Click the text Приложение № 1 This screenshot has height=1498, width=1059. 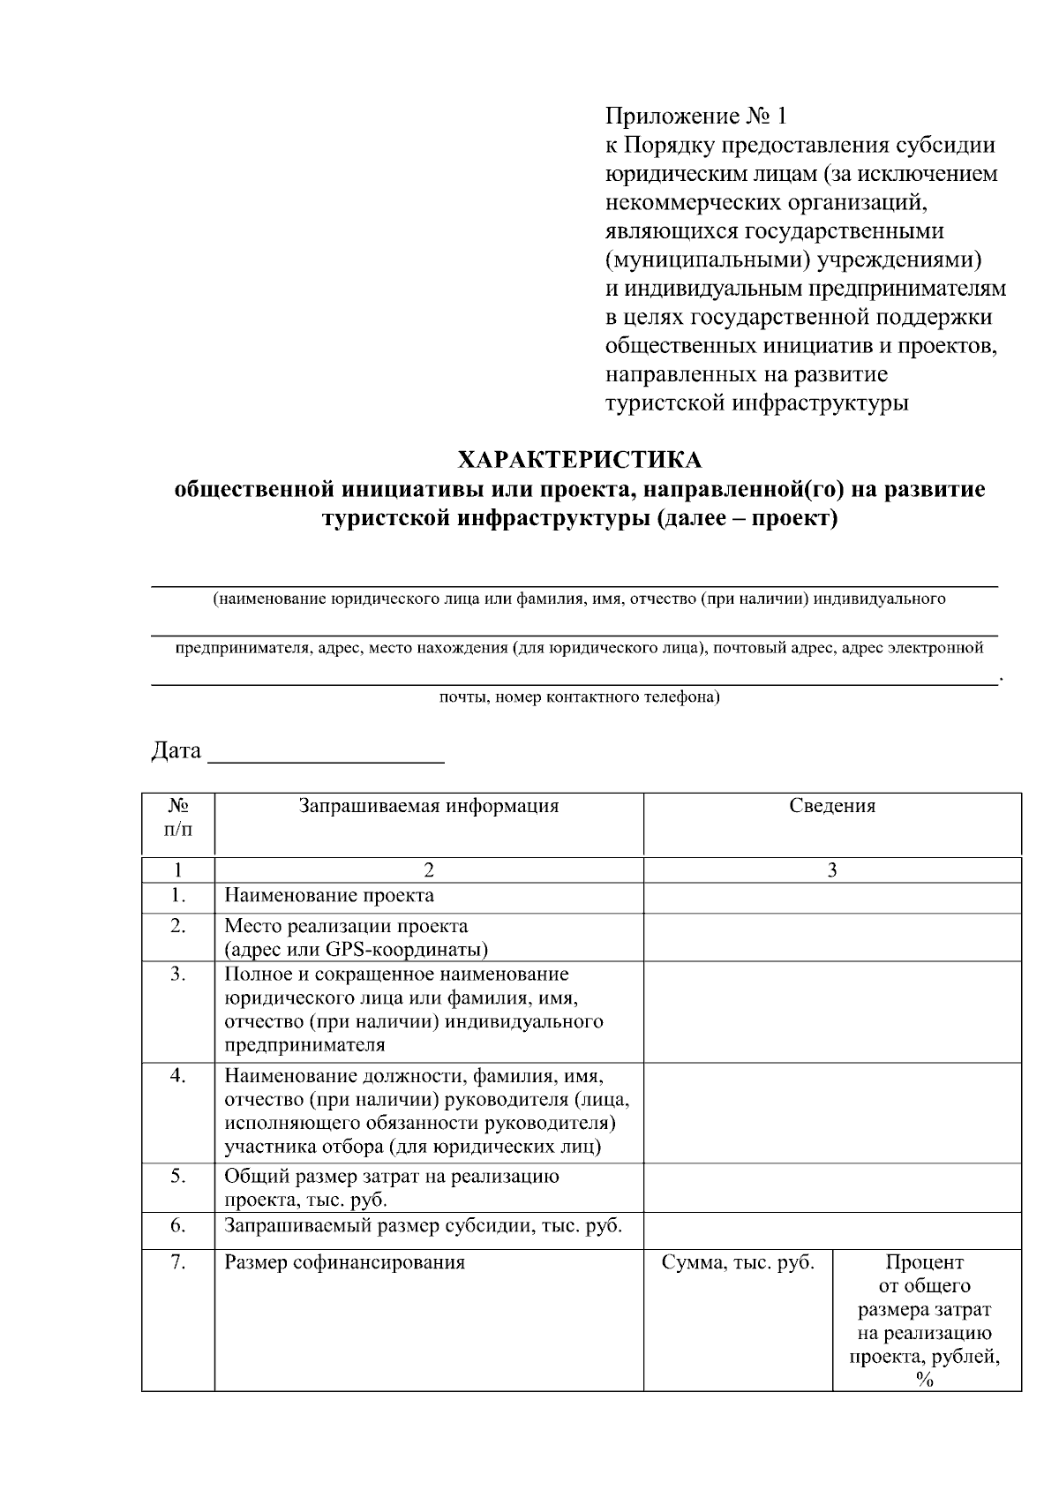pos(695,117)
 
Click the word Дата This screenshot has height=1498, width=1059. pos(176,751)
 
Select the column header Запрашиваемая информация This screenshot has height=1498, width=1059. pos(428,806)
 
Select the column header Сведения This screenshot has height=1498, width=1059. pos(831,806)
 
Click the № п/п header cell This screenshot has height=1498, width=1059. pos(178,818)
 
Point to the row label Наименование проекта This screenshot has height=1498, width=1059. pos(329,896)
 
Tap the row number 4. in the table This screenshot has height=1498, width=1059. pos(178,1076)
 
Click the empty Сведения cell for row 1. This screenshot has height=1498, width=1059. pos(831,898)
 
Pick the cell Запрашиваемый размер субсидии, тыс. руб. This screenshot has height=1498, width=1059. pos(424,1226)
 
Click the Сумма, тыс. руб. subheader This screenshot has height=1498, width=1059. pos(738,1263)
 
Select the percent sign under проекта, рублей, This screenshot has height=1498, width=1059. pos(924,1382)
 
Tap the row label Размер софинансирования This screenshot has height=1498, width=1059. pos(344,1263)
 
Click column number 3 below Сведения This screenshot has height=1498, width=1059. pos(831,870)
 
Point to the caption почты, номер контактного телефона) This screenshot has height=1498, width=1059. pos(580,698)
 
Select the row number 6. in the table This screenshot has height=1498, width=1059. pos(178,1226)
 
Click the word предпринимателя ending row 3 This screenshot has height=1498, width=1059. pos(304,1046)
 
